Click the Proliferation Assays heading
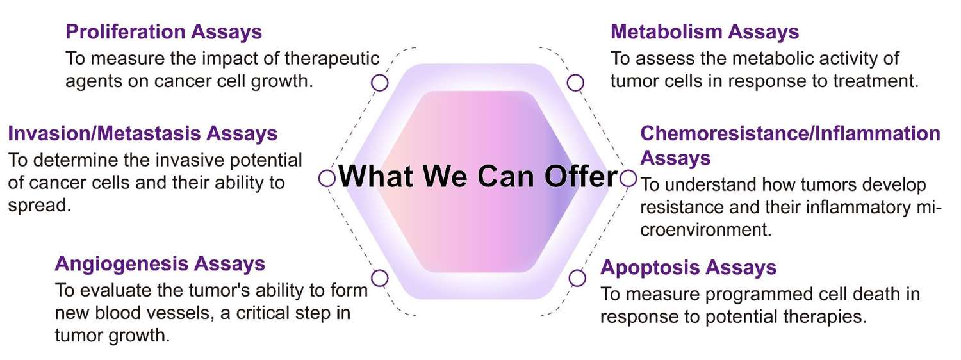[x=164, y=31]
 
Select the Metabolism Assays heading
[x=705, y=31]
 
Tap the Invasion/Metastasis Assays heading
[x=142, y=133]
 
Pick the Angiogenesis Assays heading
[x=160, y=263]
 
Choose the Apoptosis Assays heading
[x=688, y=267]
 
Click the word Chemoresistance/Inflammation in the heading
[x=791, y=133]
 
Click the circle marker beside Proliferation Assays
[x=380, y=83]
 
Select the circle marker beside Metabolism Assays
[x=575, y=83]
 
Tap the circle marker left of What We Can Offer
[x=327, y=178]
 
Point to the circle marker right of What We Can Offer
[x=628, y=178]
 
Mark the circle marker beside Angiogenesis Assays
[x=380, y=278]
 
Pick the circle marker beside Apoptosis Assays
[x=577, y=278]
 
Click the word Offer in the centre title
[x=580, y=177]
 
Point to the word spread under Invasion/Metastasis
[x=37, y=206]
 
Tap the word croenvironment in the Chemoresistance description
[x=705, y=229]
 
